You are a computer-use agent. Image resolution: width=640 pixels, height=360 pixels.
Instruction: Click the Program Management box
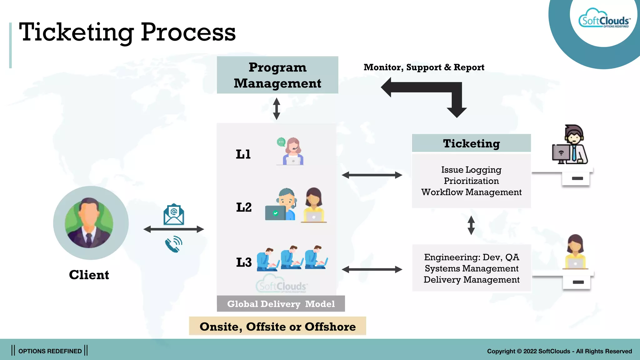point(277,75)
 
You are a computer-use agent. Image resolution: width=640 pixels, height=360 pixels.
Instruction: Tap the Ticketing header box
point(471,143)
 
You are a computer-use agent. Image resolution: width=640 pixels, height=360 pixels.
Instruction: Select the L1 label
point(243,154)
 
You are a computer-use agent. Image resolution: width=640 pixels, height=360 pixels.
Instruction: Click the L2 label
point(244,207)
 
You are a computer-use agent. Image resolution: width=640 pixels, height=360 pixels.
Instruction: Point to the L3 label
point(244,262)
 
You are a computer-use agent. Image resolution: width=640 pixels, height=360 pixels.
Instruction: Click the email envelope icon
point(174,214)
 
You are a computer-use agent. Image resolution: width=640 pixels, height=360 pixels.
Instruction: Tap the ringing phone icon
point(174,244)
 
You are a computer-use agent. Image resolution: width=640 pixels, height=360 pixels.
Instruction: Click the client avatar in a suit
point(90,223)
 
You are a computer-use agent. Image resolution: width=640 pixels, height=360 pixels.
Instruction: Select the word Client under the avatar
point(89,275)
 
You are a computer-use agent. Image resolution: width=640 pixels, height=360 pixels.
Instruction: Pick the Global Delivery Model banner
point(281,304)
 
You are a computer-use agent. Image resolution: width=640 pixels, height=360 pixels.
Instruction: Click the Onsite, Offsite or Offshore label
point(277,326)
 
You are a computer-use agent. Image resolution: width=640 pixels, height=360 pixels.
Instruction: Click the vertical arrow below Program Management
point(277,109)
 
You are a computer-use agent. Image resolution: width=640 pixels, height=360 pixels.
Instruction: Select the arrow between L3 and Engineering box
point(372,269)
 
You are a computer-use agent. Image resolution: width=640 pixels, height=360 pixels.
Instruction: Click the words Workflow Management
point(471,192)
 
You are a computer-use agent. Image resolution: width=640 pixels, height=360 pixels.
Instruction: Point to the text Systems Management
point(471,268)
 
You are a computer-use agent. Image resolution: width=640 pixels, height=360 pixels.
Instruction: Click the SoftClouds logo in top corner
point(604,21)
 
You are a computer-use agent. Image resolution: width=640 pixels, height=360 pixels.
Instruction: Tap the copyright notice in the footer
point(559,351)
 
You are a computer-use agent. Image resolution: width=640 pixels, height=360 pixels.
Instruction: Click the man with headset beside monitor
point(571,145)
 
